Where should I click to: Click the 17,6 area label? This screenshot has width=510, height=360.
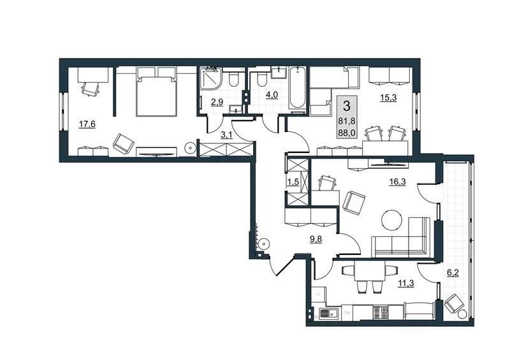pyautogui.click(x=87, y=124)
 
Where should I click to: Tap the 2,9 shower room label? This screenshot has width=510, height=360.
pyautogui.click(x=217, y=102)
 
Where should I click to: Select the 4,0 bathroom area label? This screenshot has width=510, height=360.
pyautogui.click(x=272, y=95)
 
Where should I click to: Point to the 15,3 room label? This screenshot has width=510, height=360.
pyautogui.click(x=388, y=97)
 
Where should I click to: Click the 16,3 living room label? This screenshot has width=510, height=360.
pyautogui.click(x=397, y=182)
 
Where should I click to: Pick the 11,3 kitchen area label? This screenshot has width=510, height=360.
pyautogui.click(x=406, y=284)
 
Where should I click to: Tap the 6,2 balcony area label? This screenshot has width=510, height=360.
pyautogui.click(x=453, y=273)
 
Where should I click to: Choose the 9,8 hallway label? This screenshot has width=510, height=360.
pyautogui.click(x=316, y=240)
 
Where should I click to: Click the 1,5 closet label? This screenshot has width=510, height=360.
pyautogui.click(x=293, y=182)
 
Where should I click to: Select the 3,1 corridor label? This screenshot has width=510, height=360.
pyautogui.click(x=226, y=134)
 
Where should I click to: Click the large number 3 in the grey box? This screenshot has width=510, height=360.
pyautogui.click(x=347, y=106)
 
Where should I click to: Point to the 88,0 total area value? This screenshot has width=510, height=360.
pyautogui.click(x=347, y=133)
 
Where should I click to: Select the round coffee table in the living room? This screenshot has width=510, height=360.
pyautogui.click(x=391, y=220)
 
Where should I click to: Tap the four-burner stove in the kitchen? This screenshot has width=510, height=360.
pyautogui.click(x=381, y=312)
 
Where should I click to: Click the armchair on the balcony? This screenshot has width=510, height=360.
pyautogui.click(x=453, y=303)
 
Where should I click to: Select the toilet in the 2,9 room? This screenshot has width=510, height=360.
pyautogui.click(x=233, y=79)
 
